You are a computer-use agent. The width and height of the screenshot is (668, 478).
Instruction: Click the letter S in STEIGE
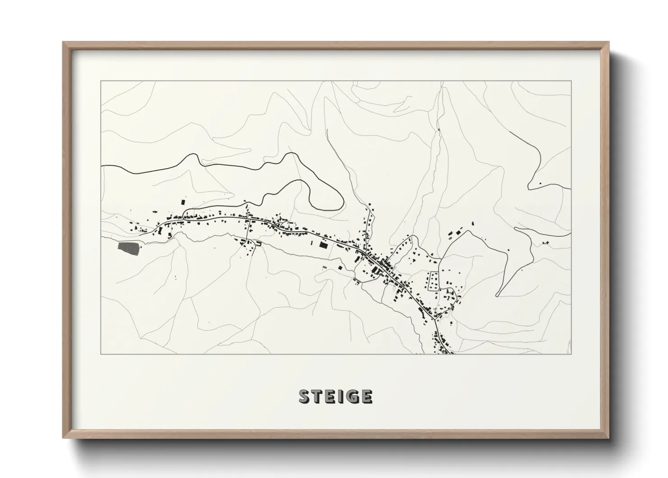click(x=305, y=396)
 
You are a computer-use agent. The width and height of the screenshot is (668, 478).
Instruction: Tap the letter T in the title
click(x=320, y=396)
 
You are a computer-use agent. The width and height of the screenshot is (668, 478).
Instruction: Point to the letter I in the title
click(x=342, y=396)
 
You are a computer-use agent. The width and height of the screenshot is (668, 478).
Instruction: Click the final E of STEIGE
click(x=366, y=396)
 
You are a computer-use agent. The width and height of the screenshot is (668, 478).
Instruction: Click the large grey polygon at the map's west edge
click(x=128, y=248)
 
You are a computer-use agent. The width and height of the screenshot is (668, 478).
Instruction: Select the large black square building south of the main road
click(x=323, y=245)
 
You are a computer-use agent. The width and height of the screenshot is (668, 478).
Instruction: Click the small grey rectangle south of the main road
click(x=325, y=267)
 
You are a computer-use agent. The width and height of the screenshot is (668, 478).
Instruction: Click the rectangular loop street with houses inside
click(x=434, y=281)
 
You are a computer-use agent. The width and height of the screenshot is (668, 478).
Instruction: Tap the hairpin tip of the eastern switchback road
click(x=497, y=295)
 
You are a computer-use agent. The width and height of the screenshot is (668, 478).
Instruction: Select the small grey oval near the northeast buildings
click(x=450, y=234)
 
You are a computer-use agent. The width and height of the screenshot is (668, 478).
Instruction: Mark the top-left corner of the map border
click(x=101, y=81)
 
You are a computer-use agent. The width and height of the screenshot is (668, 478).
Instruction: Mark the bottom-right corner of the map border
click(x=571, y=354)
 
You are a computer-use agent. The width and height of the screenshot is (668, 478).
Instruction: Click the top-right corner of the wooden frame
click(x=609, y=42)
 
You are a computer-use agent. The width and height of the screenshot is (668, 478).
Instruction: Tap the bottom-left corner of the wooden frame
click(x=63, y=437)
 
